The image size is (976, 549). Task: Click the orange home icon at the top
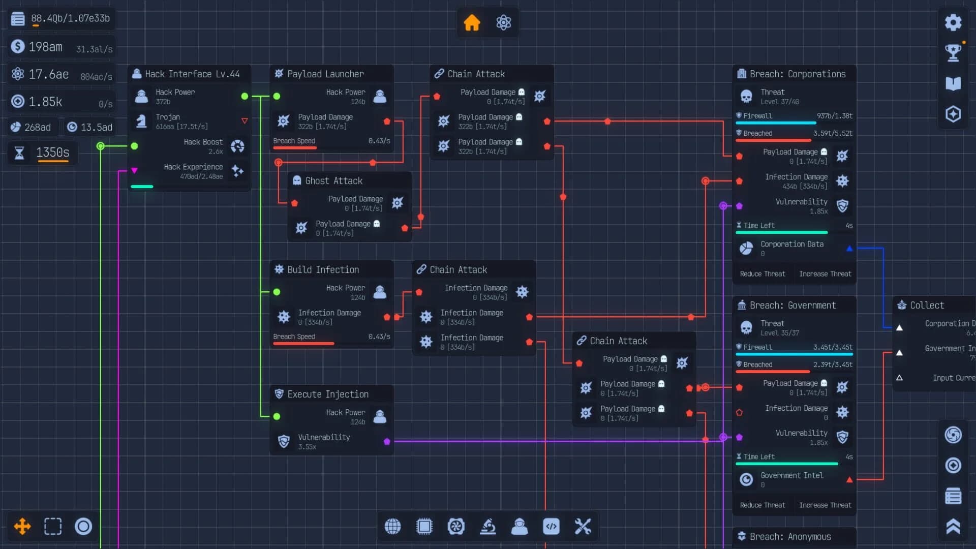[x=472, y=23]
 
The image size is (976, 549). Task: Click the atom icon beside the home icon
[x=503, y=23]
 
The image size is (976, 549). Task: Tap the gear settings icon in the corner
[x=953, y=22]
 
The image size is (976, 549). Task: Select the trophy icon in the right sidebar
[x=953, y=52]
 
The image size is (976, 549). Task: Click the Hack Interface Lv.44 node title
[x=192, y=74]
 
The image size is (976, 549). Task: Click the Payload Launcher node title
[x=325, y=74]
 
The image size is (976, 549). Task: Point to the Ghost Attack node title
[x=333, y=181]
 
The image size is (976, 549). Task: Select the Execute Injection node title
[x=327, y=394]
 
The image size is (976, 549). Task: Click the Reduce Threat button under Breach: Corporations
[x=762, y=274]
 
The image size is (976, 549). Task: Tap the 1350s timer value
[x=52, y=152]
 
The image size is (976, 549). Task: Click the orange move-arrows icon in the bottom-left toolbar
[x=22, y=527]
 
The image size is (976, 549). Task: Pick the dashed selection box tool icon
[x=53, y=527]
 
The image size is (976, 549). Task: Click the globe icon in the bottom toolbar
[x=392, y=527]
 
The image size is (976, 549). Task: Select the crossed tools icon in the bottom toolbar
[x=583, y=527]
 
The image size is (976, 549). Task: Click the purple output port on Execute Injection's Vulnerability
[x=387, y=441]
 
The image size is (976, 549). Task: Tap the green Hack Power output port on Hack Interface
[x=245, y=96]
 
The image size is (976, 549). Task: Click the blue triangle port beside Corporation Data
[x=849, y=249]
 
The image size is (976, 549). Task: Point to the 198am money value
[x=45, y=47]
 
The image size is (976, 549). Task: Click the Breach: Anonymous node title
[x=790, y=537]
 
